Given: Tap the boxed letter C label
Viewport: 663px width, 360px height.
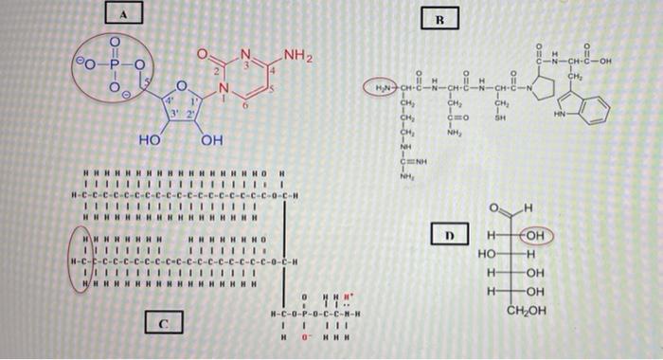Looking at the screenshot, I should pyautogui.click(x=163, y=324).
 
